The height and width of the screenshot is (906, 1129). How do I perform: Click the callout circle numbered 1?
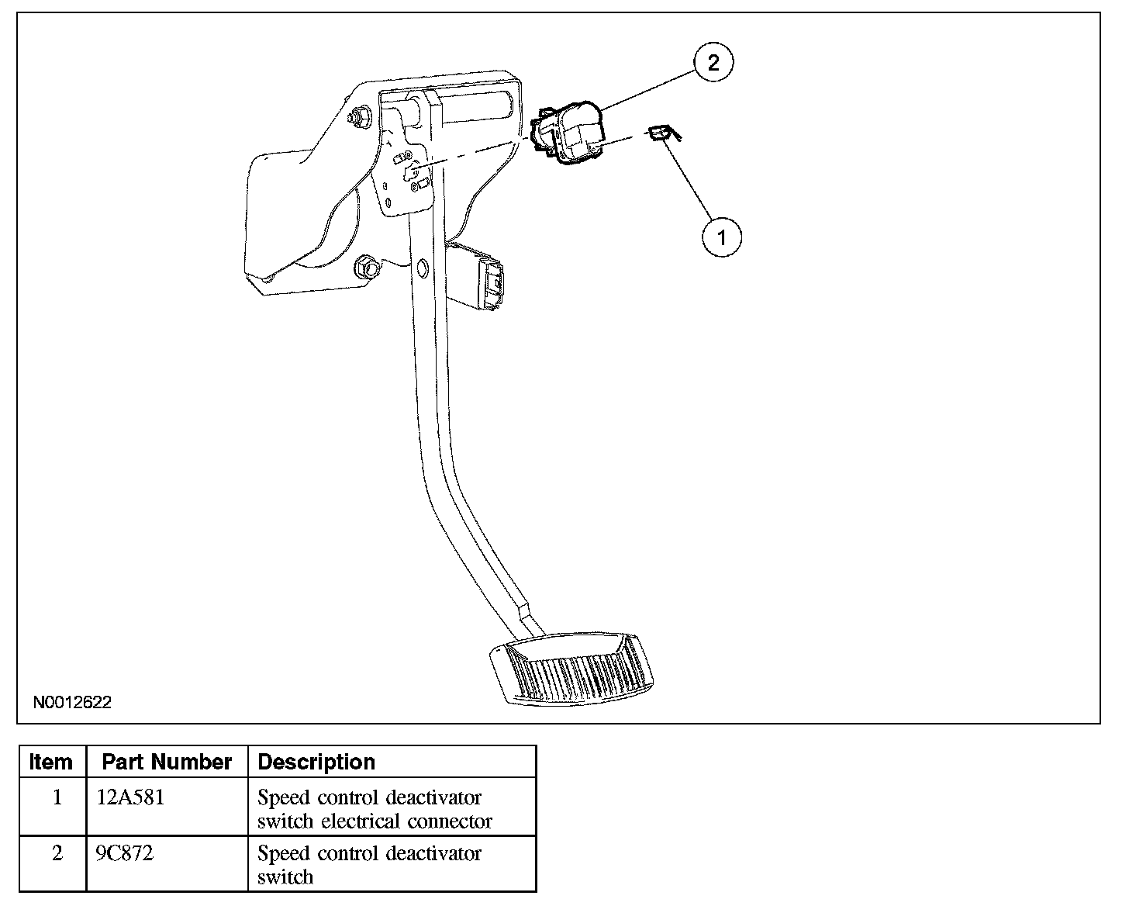pos(722,237)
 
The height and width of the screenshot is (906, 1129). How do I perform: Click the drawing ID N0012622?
pos(72,702)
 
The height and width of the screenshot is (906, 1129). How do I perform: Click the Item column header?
pos(51,762)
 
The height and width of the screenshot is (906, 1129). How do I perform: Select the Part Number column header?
pos(166,762)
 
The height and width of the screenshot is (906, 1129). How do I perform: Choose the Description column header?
pos(316,762)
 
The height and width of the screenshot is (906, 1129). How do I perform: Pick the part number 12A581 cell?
pos(130,798)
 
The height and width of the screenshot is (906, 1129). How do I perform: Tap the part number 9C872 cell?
pos(124,853)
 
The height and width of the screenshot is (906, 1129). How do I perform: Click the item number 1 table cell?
pos(57,798)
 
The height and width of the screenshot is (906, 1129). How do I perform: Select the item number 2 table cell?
pos(57,853)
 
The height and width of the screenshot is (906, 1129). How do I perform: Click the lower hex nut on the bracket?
pos(367,268)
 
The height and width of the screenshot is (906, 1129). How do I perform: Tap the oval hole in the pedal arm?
pos(422,268)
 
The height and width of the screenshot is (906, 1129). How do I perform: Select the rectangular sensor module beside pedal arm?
pos(474,277)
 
